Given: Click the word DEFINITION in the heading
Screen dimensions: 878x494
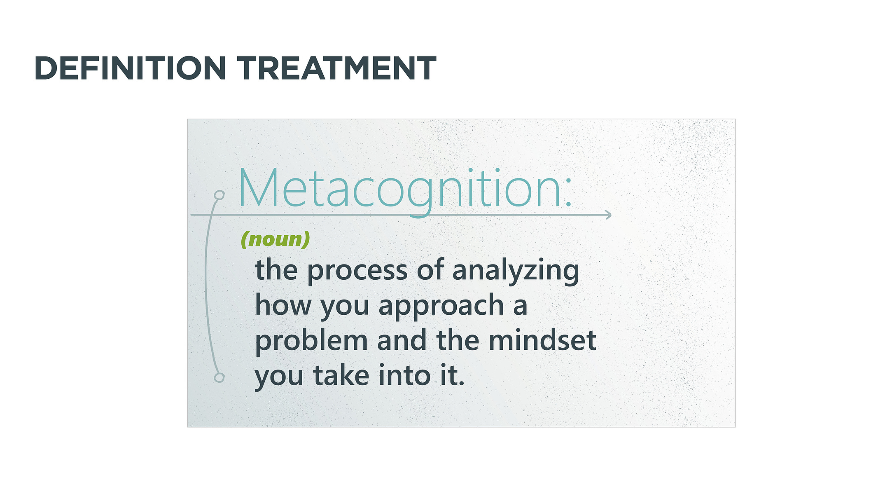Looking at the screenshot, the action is click(x=131, y=68).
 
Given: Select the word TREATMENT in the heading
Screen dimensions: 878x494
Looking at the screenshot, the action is click(x=336, y=68).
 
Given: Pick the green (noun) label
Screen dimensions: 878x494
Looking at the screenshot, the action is click(x=275, y=239).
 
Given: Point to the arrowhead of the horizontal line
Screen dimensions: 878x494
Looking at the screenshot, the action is click(x=608, y=215).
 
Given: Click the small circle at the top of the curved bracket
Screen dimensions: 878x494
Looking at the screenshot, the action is click(x=219, y=195).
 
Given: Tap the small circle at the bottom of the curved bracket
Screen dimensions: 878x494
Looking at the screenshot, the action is click(x=219, y=377).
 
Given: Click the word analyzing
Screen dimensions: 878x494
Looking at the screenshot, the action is click(x=516, y=271).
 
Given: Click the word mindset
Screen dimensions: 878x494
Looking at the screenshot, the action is click(x=543, y=340).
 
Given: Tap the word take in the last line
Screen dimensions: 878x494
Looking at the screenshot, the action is click(x=341, y=375).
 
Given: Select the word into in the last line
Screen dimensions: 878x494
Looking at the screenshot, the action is click(x=405, y=375).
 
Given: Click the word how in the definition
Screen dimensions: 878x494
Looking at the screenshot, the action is click(x=283, y=305).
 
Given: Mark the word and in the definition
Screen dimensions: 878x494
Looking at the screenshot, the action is click(x=402, y=340).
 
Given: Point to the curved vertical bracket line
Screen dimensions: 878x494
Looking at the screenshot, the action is click(x=205, y=284).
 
